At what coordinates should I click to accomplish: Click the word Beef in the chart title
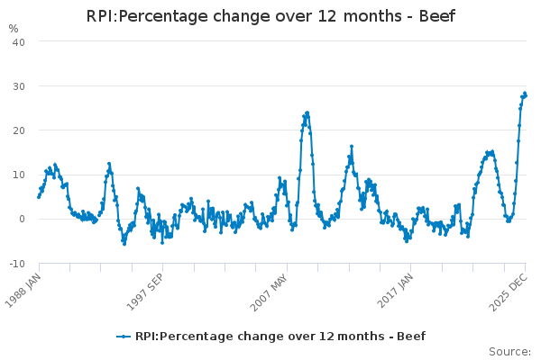[x=436, y=16]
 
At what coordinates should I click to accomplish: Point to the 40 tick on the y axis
[x=18, y=41]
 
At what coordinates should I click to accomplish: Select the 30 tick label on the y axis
[x=18, y=85]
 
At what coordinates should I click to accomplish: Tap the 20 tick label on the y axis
[x=18, y=130]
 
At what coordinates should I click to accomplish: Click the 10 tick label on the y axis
[x=18, y=175]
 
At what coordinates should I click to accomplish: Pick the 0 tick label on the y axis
[x=22, y=219]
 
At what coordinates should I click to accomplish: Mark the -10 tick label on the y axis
[x=17, y=263]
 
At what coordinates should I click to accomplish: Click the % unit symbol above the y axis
[x=13, y=28]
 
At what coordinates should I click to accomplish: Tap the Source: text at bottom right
[x=509, y=351]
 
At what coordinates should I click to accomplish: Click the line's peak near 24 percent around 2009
[x=307, y=112]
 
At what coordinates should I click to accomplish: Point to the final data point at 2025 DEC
[x=526, y=94]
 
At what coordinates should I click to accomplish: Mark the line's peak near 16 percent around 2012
[x=352, y=146]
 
